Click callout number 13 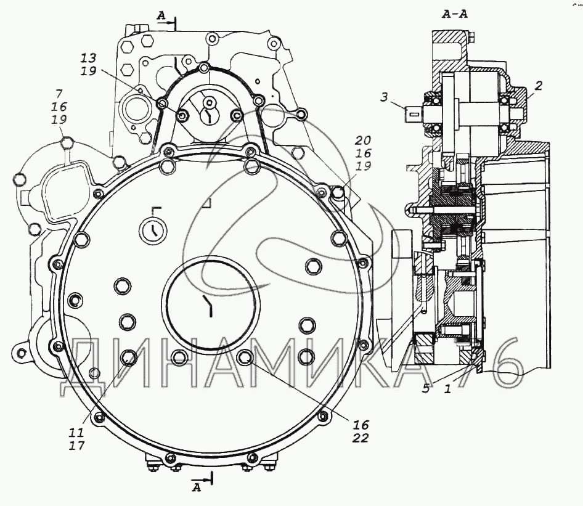click(x=89, y=58)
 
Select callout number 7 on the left click(x=59, y=94)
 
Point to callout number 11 click(x=77, y=433)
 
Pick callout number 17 click(x=77, y=445)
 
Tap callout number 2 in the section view click(x=538, y=86)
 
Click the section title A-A click(x=455, y=14)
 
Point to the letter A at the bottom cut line click(x=197, y=488)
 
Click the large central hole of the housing click(x=211, y=306)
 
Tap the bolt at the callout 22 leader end click(x=244, y=357)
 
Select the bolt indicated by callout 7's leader click(x=68, y=144)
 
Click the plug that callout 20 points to click(x=337, y=194)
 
